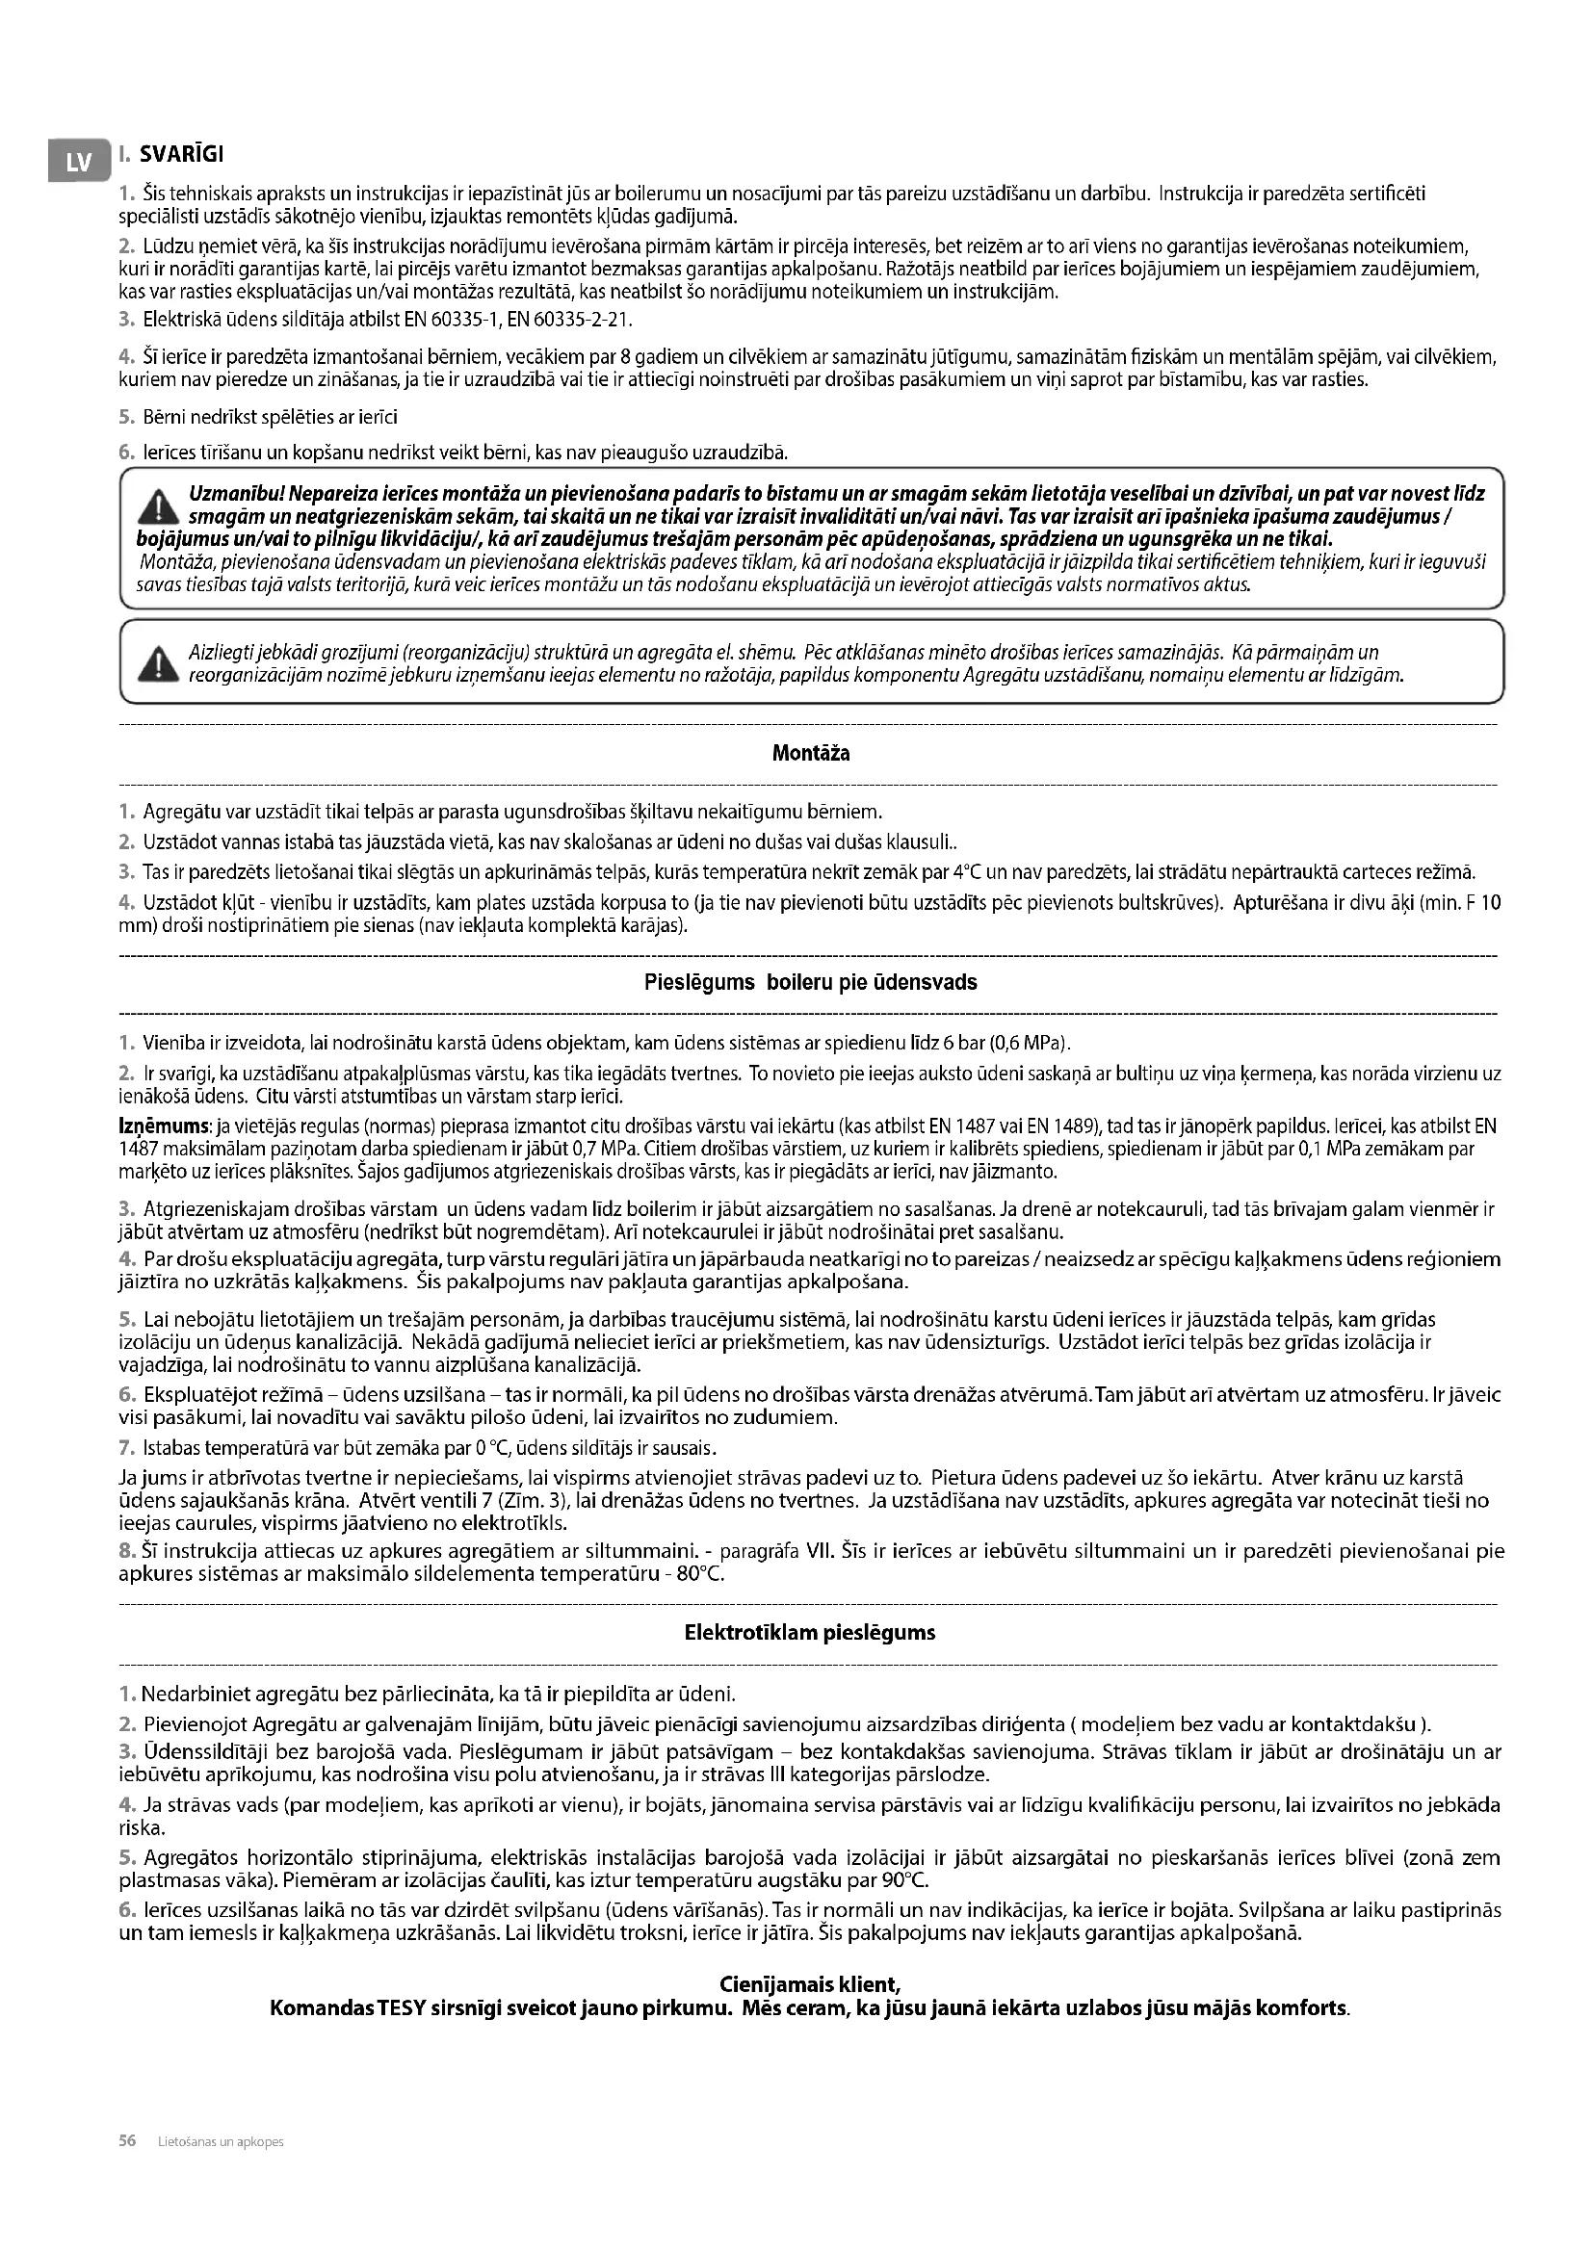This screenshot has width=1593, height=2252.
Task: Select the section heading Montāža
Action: click(810, 753)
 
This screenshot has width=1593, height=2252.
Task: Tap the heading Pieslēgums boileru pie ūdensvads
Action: click(810, 982)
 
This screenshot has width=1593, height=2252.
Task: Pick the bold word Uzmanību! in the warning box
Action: click(231, 493)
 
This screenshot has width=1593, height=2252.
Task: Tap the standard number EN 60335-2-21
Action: click(577, 320)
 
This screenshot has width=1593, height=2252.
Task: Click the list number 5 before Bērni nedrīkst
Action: click(124, 417)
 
